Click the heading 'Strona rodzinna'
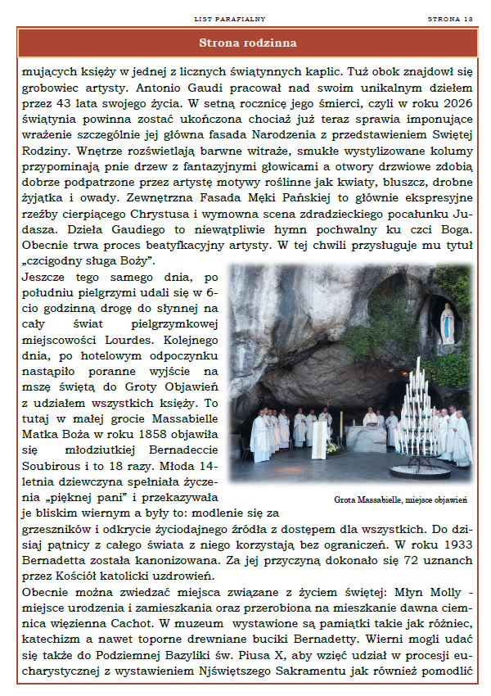[x=247, y=43]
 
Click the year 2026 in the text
[x=455, y=103]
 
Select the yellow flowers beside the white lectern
[x=331, y=446]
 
